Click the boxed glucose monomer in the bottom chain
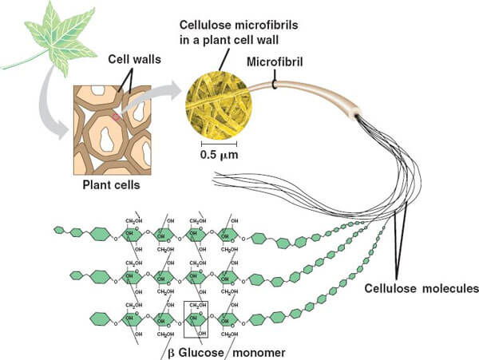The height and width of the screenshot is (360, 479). (x=196, y=318)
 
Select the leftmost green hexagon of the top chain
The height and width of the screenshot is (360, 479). (x=58, y=230)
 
